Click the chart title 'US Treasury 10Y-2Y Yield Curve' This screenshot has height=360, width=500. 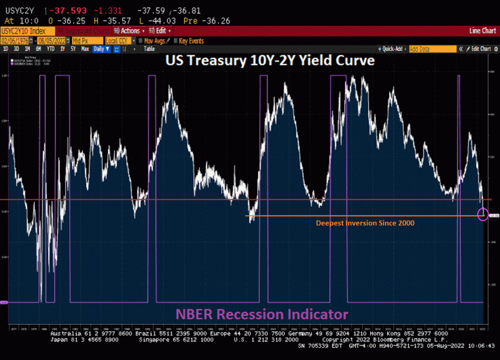(270, 61)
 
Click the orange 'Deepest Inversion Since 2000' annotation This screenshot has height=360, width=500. (365, 223)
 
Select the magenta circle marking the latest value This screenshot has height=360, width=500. (483, 213)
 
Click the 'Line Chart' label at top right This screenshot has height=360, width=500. (482, 31)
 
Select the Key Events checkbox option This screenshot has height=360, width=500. (188, 41)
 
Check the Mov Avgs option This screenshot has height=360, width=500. (153, 41)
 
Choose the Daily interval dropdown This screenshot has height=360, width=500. (101, 49)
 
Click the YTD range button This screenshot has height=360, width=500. (50, 49)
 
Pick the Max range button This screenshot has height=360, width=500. (85, 49)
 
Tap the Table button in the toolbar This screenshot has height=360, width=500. (149, 49)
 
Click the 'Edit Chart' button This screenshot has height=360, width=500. (479, 49)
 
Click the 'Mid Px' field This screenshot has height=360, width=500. (87, 41)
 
